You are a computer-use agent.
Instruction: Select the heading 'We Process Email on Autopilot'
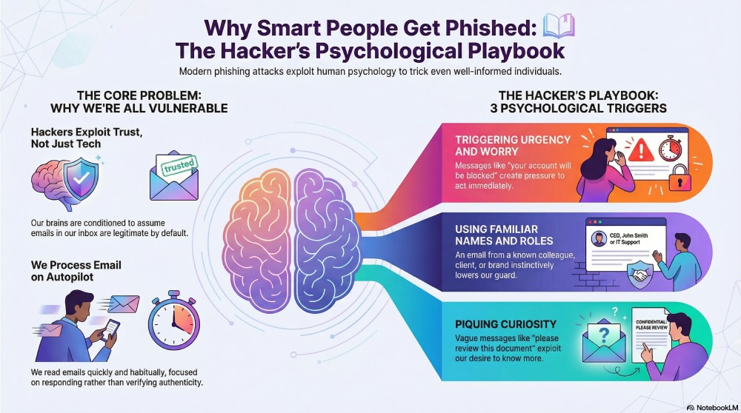click(x=76, y=271)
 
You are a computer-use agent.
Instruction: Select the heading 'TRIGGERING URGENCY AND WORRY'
click(x=513, y=146)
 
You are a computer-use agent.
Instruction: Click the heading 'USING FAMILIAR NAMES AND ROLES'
click(x=496, y=235)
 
